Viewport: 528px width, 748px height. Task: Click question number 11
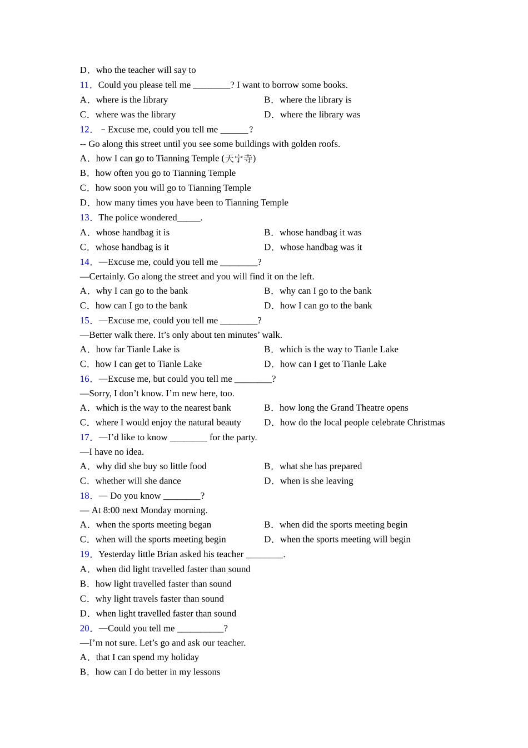tap(85, 85)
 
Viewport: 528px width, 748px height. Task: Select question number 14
tap(85, 262)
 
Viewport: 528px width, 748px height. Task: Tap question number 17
tap(85, 437)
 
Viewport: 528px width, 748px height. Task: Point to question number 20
tap(85, 628)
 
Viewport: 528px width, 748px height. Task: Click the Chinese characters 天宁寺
tap(238, 159)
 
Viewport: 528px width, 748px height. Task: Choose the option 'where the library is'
tap(315, 100)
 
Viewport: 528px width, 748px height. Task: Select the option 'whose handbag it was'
tap(320, 233)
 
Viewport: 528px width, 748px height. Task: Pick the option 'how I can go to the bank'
tap(326, 306)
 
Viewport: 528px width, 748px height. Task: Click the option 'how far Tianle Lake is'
tap(137, 350)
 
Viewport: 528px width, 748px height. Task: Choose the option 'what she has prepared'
tap(320, 466)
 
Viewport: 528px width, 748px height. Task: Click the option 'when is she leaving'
tap(316, 481)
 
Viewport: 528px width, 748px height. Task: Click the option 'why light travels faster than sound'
tap(159, 599)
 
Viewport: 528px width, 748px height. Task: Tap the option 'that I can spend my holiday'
tap(147, 657)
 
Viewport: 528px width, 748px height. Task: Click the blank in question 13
tap(189, 218)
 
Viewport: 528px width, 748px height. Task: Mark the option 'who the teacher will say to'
tap(146, 70)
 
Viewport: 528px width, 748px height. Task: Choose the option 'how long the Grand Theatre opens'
tap(343, 408)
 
